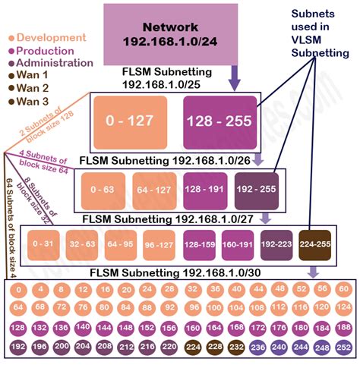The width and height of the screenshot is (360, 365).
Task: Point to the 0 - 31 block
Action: coord(43,244)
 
